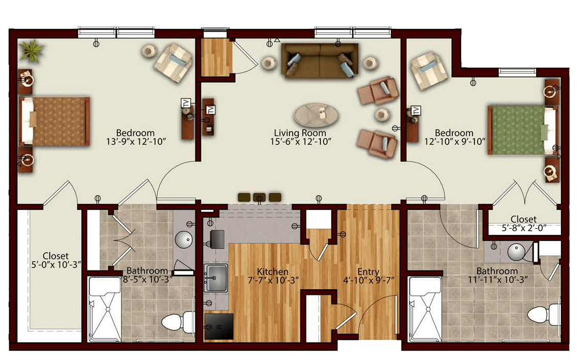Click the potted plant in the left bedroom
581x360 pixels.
click(32, 51)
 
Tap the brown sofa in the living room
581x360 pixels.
click(320, 61)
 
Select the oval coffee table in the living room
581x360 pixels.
click(316, 114)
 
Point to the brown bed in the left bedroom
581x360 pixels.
click(54, 121)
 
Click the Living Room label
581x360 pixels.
click(300, 133)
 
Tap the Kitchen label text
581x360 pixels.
click(272, 272)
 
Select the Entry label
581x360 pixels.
click(368, 272)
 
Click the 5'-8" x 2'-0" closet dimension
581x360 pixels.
click(524, 228)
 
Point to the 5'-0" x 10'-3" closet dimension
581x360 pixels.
click(56, 264)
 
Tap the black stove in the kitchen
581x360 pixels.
click(219, 326)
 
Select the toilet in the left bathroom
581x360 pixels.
click(178, 321)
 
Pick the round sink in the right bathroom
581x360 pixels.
click(516, 252)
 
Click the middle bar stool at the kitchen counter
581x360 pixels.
click(259, 197)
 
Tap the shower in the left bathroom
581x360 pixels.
click(104, 309)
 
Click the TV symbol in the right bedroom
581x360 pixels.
click(417, 110)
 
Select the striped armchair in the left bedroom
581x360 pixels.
click(173, 63)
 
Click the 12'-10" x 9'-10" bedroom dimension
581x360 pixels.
click(455, 141)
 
